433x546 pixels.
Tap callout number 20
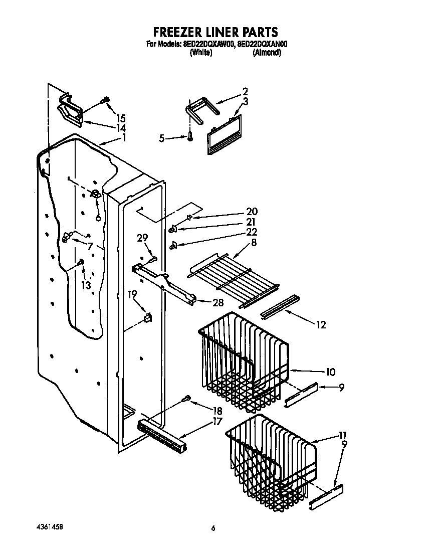point(251,211)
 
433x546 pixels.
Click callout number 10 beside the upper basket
point(330,372)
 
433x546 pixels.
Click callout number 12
point(320,325)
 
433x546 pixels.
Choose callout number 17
point(217,422)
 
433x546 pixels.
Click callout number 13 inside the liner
point(86,285)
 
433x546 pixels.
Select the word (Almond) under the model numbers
point(267,53)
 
